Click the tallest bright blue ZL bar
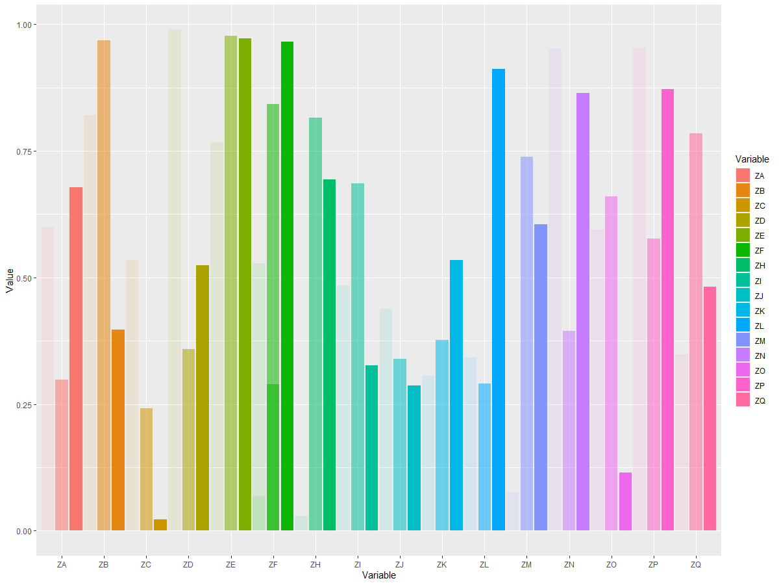click(x=499, y=300)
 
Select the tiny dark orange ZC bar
click(x=160, y=525)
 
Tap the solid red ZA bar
click(x=75, y=359)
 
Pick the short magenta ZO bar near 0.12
click(x=625, y=502)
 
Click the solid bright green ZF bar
click(x=287, y=286)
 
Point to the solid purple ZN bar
click(x=583, y=311)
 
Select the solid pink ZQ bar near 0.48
click(x=710, y=408)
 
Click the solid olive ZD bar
click(x=203, y=398)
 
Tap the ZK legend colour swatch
click(x=743, y=311)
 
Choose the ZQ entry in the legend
click(x=750, y=400)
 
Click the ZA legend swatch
click(x=743, y=175)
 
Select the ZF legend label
click(x=760, y=251)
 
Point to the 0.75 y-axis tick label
click(x=24, y=151)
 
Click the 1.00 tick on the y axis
click(x=24, y=25)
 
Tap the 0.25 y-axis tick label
click(x=24, y=405)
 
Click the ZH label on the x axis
click(x=315, y=564)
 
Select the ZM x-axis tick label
click(x=526, y=564)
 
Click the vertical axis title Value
click(x=10, y=281)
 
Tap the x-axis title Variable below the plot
click(x=378, y=575)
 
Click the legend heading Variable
click(x=752, y=159)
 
